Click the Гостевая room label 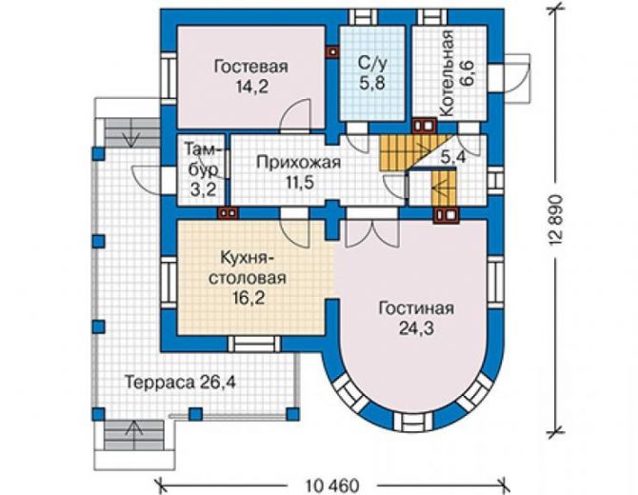tap(250, 67)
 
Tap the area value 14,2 tap(252, 87)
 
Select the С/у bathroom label tap(372, 63)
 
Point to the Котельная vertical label tap(447, 73)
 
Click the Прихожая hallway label tap(298, 163)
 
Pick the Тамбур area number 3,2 tap(203, 189)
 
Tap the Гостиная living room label tap(416, 308)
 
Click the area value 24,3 tap(416, 328)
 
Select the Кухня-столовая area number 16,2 tap(249, 298)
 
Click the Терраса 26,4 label tap(180, 383)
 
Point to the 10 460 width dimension tap(332, 485)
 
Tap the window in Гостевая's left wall tap(168, 75)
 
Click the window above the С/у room tap(363, 17)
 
